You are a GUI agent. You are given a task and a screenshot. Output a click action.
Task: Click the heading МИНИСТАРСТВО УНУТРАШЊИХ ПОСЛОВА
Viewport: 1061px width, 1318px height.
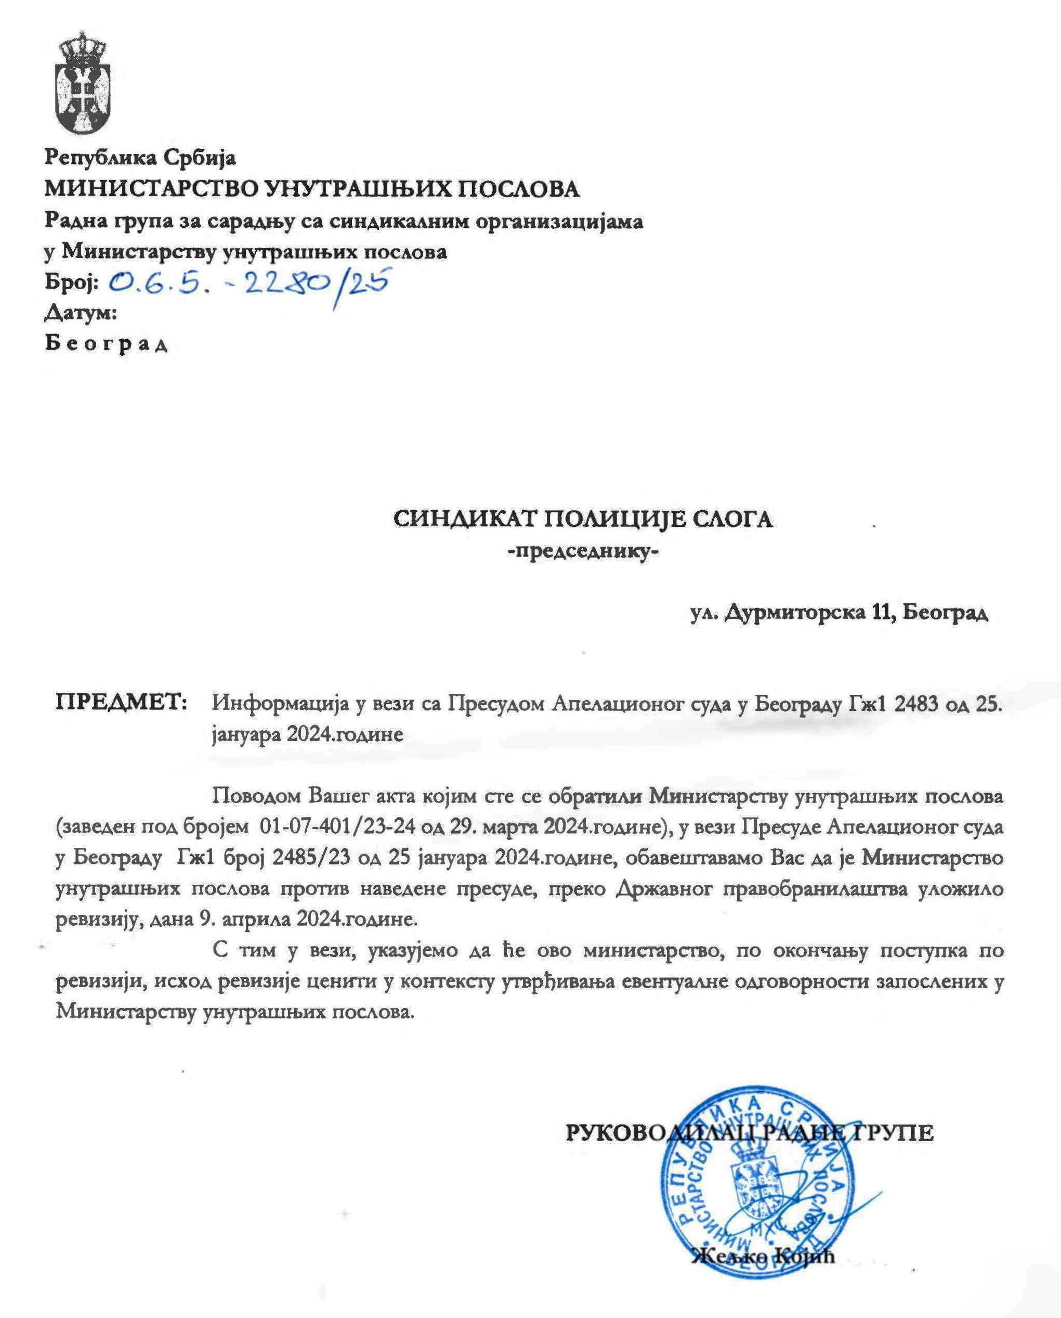point(312,190)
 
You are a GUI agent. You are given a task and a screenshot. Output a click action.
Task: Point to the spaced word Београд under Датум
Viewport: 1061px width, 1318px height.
point(106,344)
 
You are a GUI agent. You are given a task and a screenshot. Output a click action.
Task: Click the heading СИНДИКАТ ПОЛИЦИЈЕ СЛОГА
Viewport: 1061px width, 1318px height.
point(582,520)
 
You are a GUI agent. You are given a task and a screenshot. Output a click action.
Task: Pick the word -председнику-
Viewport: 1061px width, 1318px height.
point(582,552)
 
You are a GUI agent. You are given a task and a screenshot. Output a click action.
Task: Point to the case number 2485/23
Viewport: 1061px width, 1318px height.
point(312,858)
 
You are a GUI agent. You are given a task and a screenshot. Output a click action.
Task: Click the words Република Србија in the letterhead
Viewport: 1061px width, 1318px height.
point(140,158)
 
